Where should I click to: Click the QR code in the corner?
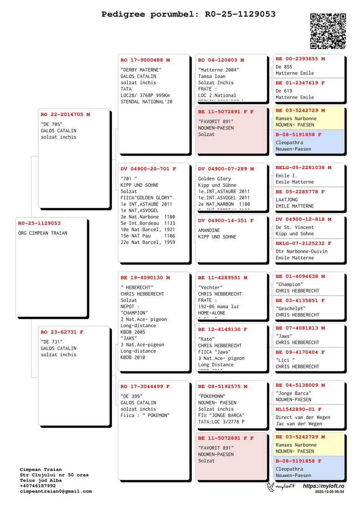tap(328, 31)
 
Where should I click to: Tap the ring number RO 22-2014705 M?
tap(65, 115)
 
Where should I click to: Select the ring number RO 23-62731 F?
tap(62, 332)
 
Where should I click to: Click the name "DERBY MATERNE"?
tap(141, 70)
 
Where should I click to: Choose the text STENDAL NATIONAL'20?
tap(147, 102)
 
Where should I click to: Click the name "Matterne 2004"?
tap(219, 70)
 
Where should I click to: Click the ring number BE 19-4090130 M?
tap(145, 278)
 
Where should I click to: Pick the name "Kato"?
tap(207, 339)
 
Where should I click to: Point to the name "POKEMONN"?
tap(212, 396)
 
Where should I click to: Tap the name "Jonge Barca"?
tap(293, 393)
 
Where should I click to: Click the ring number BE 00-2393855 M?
tap(300, 59)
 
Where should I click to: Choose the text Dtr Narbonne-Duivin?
tap(301, 252)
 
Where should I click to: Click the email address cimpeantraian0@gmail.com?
tap(56, 491)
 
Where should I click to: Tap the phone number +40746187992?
tap(38, 486)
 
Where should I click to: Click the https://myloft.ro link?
tap(324, 486)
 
